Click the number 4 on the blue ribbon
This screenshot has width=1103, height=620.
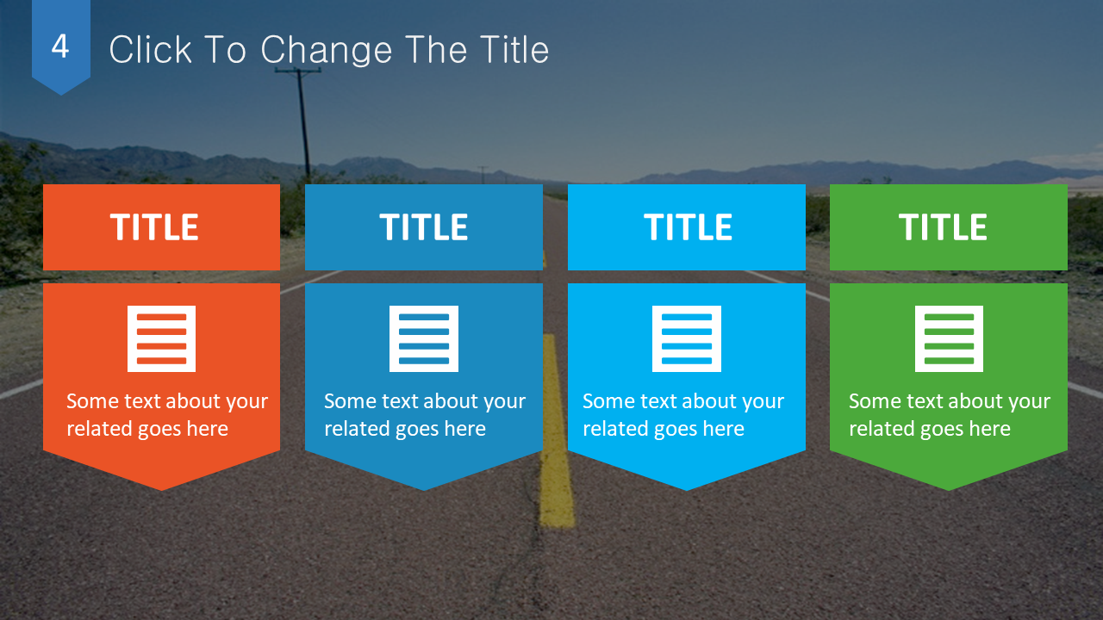pyautogui.click(x=60, y=46)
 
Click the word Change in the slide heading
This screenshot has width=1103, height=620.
pyautogui.click(x=326, y=51)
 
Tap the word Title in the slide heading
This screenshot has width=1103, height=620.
pyautogui.click(x=514, y=49)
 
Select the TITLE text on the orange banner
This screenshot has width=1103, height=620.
pyautogui.click(x=154, y=226)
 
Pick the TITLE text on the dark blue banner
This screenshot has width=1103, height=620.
pyautogui.click(x=423, y=226)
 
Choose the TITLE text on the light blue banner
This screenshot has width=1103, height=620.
pyautogui.click(x=688, y=226)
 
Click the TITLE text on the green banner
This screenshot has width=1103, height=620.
pyautogui.click(x=943, y=226)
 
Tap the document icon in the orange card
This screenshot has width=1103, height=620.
pyautogui.click(x=161, y=338)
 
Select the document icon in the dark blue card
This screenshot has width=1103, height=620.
pyautogui.click(x=424, y=338)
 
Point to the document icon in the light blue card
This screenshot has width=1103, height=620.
pyautogui.click(x=687, y=338)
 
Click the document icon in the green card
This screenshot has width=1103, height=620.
pyautogui.click(x=950, y=338)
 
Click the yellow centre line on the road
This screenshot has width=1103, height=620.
pyautogui.click(x=557, y=431)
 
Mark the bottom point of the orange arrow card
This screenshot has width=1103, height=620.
pyautogui.click(x=161, y=491)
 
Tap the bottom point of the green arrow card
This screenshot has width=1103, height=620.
pyautogui.click(x=949, y=491)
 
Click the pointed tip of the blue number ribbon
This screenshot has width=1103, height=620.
pyautogui.click(x=61, y=95)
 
